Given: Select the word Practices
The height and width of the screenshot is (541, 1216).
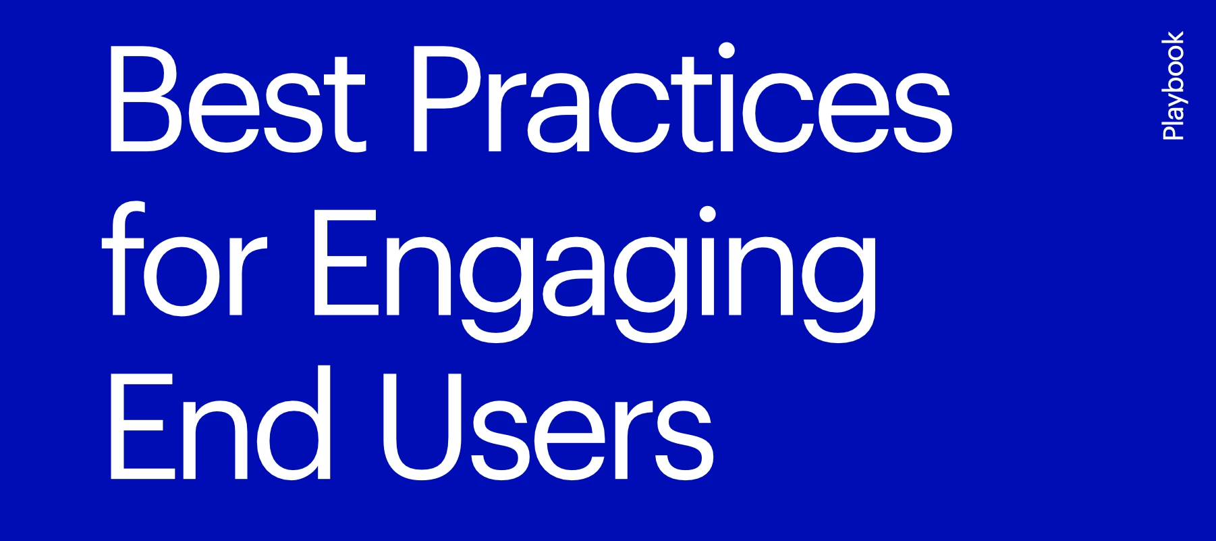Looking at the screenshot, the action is click(x=682, y=99).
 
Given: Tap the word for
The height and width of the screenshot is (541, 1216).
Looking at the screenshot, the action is click(x=184, y=260).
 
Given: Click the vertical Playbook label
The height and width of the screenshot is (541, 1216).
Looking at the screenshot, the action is click(x=1173, y=86).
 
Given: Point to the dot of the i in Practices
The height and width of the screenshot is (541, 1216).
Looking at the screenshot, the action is click(x=727, y=51).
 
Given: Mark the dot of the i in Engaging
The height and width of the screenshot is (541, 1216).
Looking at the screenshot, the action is click(x=707, y=214).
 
